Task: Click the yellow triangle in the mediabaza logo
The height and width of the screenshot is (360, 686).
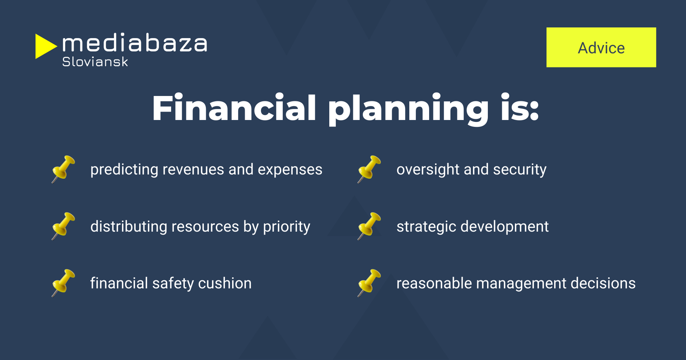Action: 45,46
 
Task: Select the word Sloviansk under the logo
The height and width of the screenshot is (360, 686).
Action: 95,62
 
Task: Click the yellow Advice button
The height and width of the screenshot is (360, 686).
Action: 601,47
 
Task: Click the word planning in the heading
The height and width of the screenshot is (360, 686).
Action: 408,109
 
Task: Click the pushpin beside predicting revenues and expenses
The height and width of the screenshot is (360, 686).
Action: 63,169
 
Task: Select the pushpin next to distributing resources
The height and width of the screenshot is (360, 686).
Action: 63,226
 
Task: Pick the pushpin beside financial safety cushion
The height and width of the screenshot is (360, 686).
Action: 63,283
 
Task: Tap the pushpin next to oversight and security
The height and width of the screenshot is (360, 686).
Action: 369,169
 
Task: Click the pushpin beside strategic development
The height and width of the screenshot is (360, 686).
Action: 369,226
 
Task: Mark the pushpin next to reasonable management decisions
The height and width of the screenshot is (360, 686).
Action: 369,283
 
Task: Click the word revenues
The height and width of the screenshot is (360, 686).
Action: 193,170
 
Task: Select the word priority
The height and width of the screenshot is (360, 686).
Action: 287,227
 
